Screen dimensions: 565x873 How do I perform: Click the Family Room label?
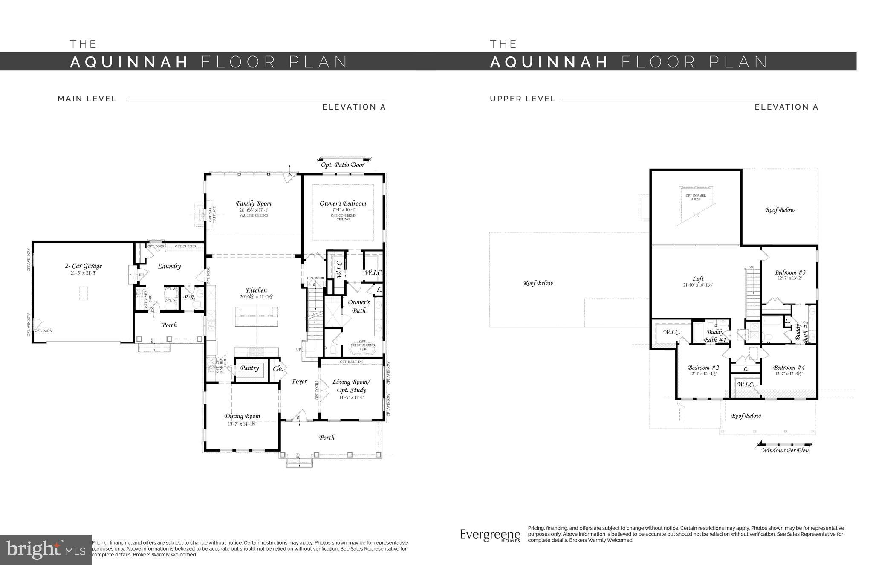(x=254, y=203)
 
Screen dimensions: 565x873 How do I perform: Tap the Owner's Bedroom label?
(x=343, y=203)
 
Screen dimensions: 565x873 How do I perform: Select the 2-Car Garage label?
(x=84, y=266)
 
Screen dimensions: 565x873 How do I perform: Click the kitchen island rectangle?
(x=257, y=316)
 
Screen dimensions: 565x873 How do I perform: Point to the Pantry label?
(x=249, y=368)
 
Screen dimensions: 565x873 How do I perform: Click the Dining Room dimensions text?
(x=242, y=424)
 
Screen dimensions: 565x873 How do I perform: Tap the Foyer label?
(x=299, y=382)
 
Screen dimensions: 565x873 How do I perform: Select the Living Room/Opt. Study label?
(x=351, y=386)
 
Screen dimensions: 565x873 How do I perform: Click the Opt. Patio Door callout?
(x=343, y=165)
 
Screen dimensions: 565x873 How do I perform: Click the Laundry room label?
(x=169, y=266)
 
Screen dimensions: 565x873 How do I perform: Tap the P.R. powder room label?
(x=189, y=297)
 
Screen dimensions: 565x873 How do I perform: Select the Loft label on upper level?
(x=698, y=278)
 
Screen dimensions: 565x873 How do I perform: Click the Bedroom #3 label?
(x=790, y=272)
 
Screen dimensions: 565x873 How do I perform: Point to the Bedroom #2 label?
(x=703, y=368)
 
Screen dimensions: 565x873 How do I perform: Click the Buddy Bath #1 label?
(x=715, y=336)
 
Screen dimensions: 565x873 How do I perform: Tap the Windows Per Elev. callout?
(x=785, y=450)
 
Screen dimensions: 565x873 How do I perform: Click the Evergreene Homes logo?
(x=490, y=536)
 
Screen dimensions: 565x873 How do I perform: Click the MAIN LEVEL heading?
(x=87, y=99)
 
